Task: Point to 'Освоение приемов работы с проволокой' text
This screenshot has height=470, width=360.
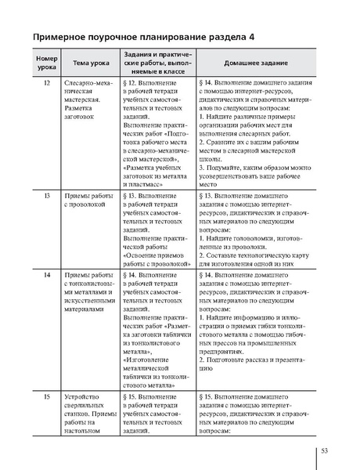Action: [157, 258]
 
